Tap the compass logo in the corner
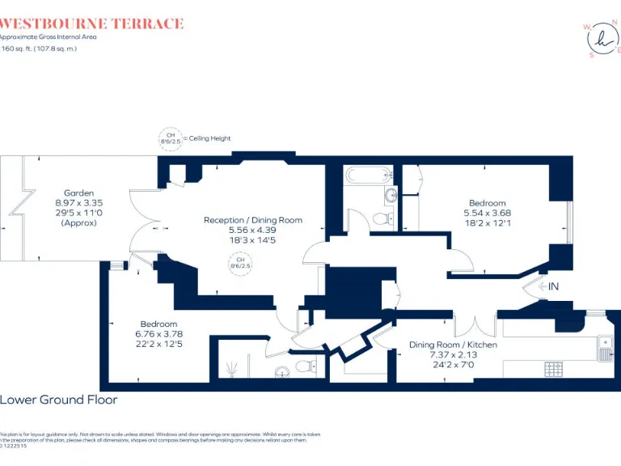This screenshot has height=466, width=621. click(601, 39)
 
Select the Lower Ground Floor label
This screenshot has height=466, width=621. click(58, 400)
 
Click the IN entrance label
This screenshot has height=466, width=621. click(554, 286)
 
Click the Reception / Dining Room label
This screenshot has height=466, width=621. click(253, 219)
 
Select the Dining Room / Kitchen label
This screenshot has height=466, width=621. click(453, 345)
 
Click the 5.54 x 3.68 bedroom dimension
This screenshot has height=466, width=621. click(487, 213)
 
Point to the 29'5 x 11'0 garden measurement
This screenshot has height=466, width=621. click(79, 213)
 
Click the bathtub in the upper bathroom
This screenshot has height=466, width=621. click(369, 175)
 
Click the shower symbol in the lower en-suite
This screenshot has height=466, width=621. click(233, 368)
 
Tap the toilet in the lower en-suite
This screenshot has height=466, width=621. click(305, 366)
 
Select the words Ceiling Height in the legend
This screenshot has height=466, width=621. click(210, 138)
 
